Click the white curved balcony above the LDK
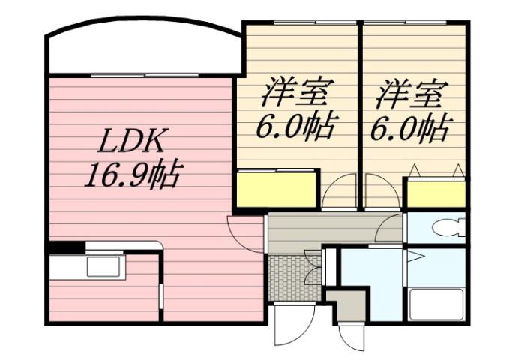click(142, 52)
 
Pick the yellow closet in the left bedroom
click(275, 190)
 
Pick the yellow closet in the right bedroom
click(436, 193)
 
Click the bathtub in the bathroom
click(436, 303)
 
